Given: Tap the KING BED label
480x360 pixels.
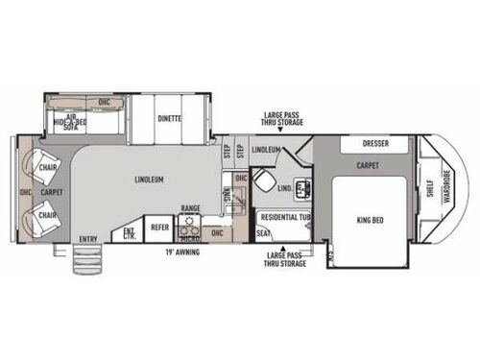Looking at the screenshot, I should [x=370, y=220].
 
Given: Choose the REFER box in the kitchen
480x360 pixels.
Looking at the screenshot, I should [x=158, y=227].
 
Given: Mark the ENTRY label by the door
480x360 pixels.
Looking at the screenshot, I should [x=88, y=238].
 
